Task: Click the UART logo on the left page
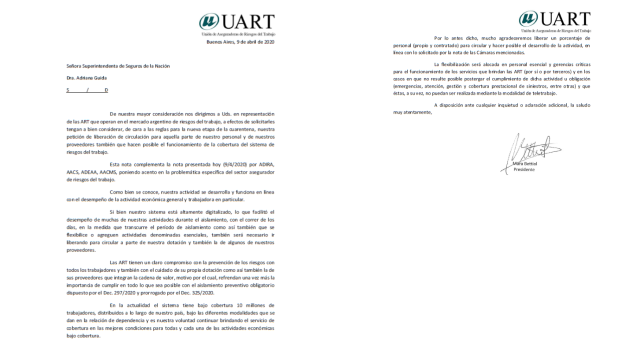point(237,22)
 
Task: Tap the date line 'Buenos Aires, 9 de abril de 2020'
point(240,42)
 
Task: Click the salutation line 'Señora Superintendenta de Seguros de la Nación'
point(118,66)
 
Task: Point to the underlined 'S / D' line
point(87,90)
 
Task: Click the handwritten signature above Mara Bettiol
point(530,148)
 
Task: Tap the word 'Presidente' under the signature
point(524,169)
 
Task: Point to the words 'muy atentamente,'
point(412,112)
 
